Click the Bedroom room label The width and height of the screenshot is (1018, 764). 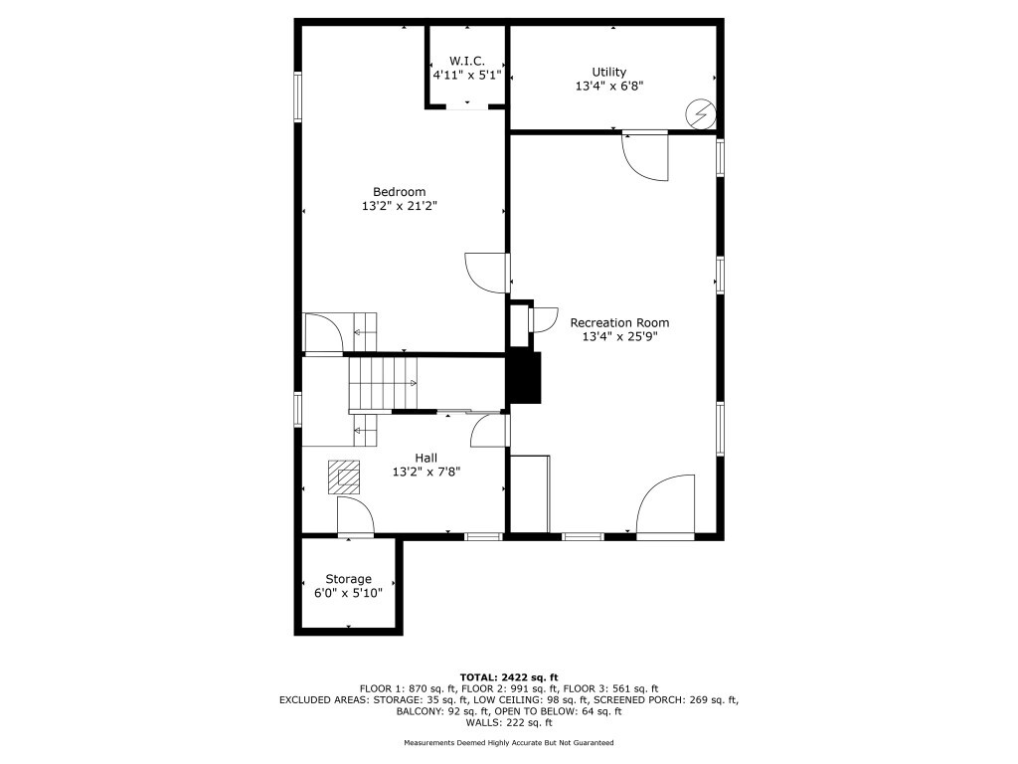click(x=400, y=192)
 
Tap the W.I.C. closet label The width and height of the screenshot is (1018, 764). click(x=467, y=61)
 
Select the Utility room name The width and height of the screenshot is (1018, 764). click(x=609, y=72)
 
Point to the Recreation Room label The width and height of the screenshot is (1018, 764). click(x=619, y=323)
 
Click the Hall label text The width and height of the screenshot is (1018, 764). click(x=425, y=458)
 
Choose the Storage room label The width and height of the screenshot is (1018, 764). click(x=349, y=579)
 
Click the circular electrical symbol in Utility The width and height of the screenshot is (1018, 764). click(x=701, y=114)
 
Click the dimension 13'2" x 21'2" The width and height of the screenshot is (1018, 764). click(x=400, y=206)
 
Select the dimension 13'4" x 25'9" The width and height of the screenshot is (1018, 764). click(x=619, y=336)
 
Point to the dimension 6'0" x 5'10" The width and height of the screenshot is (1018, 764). click(x=349, y=593)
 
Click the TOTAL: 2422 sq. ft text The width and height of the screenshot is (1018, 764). click(x=509, y=677)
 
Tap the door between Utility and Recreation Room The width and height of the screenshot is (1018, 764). click(x=645, y=156)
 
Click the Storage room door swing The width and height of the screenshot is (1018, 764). click(x=355, y=517)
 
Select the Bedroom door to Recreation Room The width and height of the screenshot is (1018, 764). click(x=487, y=273)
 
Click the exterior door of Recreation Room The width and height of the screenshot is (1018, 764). click(x=665, y=507)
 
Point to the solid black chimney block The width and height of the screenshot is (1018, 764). click(x=525, y=377)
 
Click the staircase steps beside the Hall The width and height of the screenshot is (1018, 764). click(x=383, y=383)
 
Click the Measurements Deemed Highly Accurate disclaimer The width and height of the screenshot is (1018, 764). click(x=508, y=742)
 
